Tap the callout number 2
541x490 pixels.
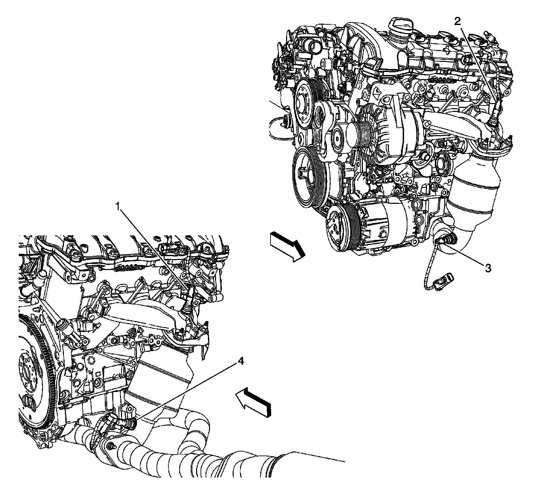457,21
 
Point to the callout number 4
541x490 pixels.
240,361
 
